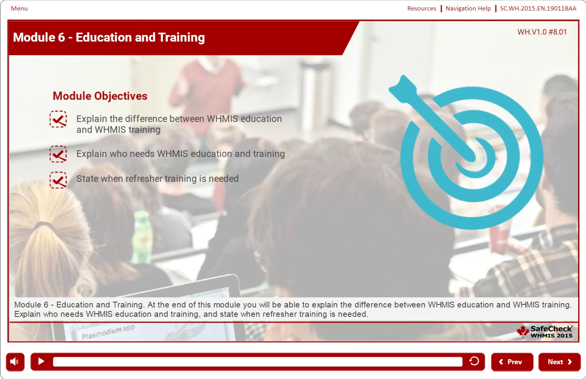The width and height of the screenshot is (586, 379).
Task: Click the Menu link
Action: point(19,9)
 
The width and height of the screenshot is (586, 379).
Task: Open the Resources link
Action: point(422,9)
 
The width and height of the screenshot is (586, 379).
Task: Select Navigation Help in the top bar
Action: point(468,9)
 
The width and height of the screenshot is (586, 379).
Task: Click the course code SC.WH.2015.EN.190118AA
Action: point(538,9)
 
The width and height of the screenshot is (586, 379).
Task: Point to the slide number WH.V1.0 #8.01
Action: point(542,32)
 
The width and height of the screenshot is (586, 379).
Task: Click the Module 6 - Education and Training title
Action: point(109,37)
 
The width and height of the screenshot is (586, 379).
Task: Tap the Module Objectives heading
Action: point(100,96)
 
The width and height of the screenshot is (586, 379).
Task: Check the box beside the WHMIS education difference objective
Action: point(58,119)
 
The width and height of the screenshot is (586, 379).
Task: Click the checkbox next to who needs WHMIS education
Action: point(58,154)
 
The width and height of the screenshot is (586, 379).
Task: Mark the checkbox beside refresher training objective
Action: point(58,180)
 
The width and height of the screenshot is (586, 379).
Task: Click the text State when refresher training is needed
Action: point(157,179)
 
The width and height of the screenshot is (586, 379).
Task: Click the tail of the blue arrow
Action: point(402,86)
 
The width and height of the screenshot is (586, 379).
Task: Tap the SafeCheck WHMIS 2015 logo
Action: point(545,332)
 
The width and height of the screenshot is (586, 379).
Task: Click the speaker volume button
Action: point(15,362)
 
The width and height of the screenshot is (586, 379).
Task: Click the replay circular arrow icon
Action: point(474,361)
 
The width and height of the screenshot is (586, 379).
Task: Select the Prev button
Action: point(512,362)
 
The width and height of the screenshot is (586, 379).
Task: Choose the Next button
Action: point(559,362)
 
